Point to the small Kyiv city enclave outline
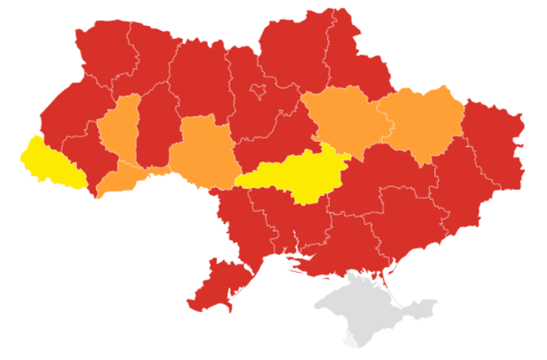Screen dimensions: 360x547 258,92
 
